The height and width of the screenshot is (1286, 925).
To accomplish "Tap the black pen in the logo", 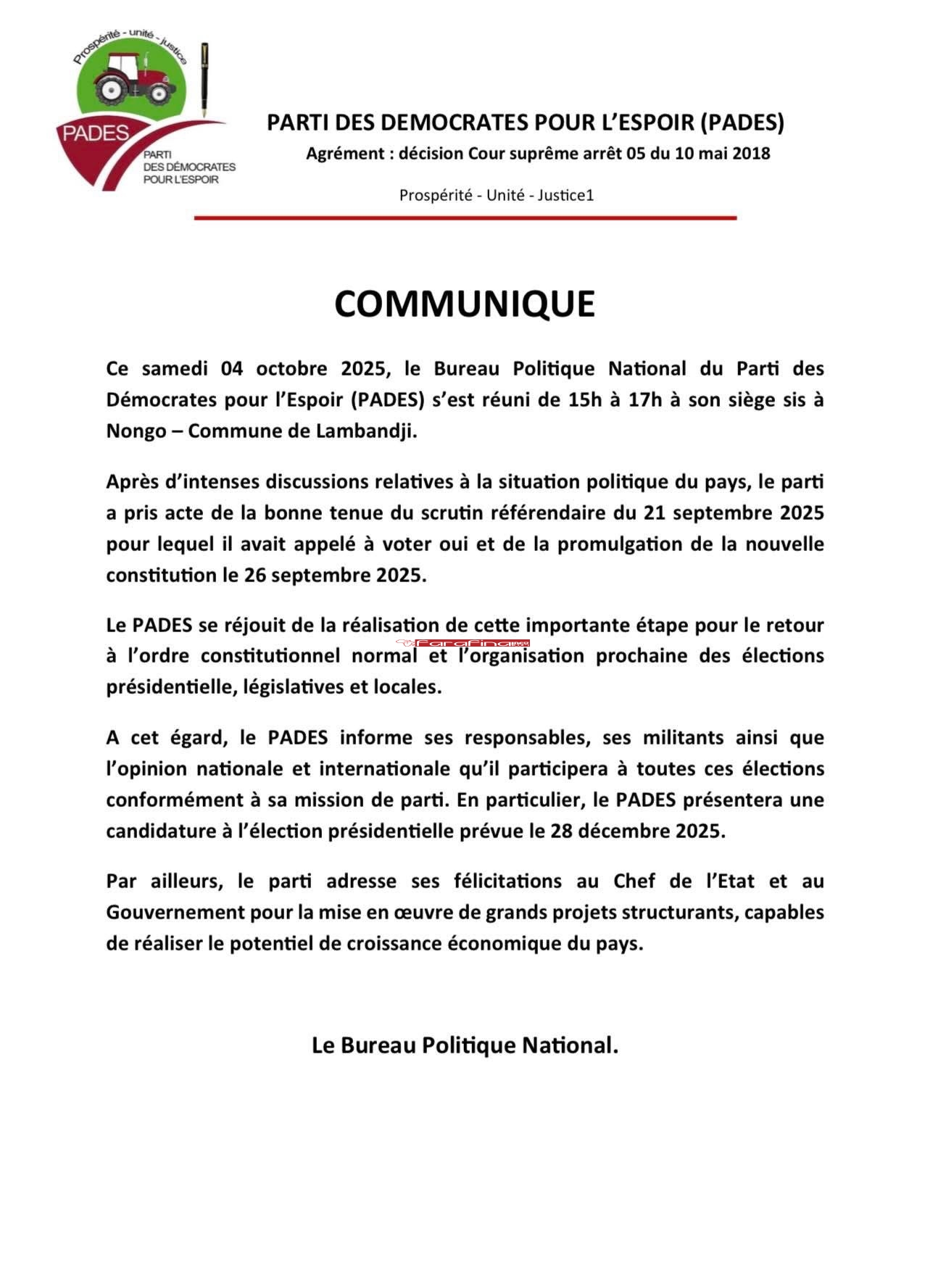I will (x=205, y=80).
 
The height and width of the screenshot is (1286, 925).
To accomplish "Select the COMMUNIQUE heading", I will (x=464, y=304).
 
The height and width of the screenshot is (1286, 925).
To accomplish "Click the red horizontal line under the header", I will (x=465, y=217).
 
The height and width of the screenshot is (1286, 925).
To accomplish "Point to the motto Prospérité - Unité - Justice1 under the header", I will (x=497, y=195).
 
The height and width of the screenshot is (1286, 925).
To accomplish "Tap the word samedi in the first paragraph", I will (x=178, y=368).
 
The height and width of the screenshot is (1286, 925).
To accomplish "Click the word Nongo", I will (x=136, y=431).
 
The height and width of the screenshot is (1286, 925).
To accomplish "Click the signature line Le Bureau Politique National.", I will (x=465, y=1045).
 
